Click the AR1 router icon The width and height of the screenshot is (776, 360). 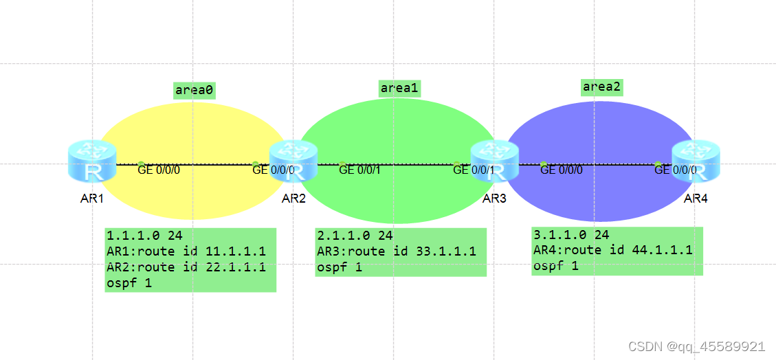[x=92, y=163]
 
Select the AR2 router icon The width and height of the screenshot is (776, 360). [x=293, y=161]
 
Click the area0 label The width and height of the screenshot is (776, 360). [x=194, y=90]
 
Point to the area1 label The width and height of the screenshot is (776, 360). [x=400, y=87]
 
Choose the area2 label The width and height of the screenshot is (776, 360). [x=601, y=87]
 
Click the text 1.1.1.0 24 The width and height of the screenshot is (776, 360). [x=144, y=236]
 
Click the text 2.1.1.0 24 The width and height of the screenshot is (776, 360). [x=355, y=236]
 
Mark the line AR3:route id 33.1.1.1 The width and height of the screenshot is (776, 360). [x=396, y=251]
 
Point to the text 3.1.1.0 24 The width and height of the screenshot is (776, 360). [x=571, y=234]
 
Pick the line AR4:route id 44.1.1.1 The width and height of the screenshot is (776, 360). [x=612, y=250]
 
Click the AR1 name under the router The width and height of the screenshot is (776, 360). [x=91, y=199]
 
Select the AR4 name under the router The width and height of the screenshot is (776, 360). [x=696, y=199]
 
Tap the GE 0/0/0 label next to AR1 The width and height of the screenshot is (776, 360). [x=159, y=170]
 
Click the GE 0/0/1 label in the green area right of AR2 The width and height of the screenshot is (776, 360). [x=359, y=170]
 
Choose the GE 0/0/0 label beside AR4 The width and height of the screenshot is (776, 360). [x=676, y=170]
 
